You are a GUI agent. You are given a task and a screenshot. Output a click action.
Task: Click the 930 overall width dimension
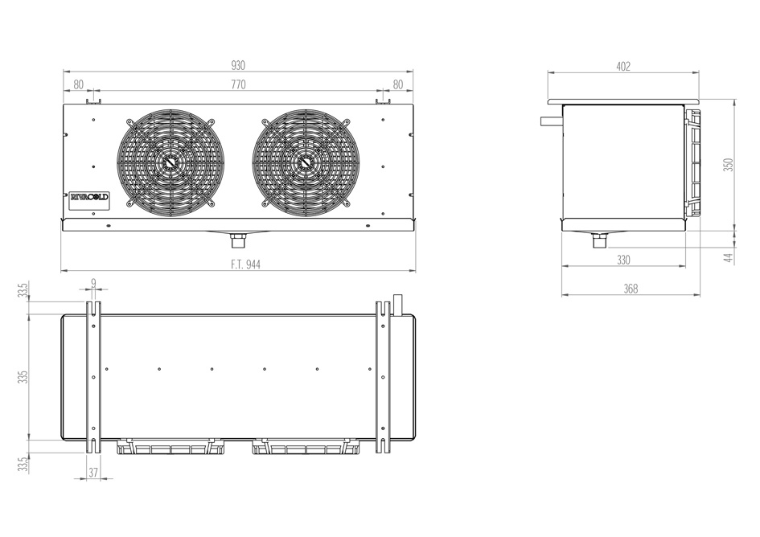point(238,65)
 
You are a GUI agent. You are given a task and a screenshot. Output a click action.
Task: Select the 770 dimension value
point(238,85)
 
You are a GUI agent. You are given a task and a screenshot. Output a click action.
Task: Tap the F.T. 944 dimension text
point(245,264)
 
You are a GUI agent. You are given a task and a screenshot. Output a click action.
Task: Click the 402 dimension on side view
point(623,67)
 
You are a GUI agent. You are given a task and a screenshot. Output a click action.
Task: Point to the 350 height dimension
point(729,165)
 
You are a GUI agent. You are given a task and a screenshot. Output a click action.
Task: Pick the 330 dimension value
point(623,260)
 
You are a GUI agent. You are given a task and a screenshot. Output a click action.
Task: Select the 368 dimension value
point(631,289)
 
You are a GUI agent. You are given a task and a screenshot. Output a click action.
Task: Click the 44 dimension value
point(729,257)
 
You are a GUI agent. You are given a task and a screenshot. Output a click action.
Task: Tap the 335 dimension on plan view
point(23,377)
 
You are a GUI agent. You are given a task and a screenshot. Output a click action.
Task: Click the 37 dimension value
point(93,473)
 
